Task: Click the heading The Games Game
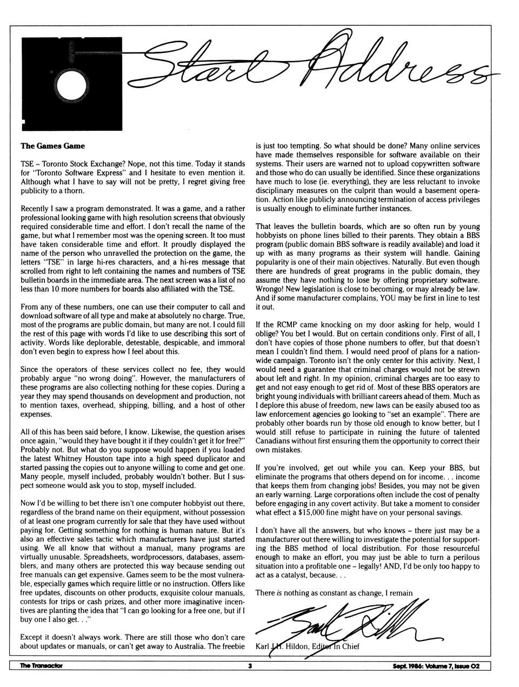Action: click(x=52, y=145)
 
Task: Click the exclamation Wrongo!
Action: click(x=271, y=289)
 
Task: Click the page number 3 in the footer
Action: click(x=250, y=666)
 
